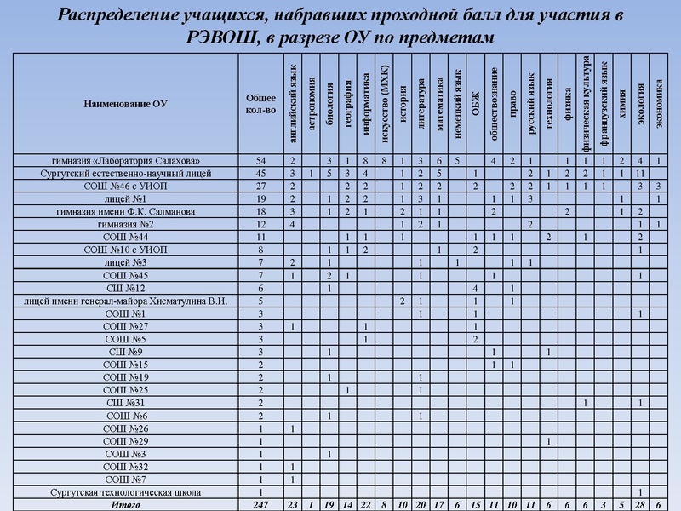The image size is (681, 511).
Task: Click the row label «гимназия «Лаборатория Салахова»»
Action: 126,160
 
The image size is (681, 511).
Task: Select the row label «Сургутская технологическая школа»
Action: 126,492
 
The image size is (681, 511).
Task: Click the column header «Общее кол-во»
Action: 260,103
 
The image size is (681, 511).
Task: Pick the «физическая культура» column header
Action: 586,98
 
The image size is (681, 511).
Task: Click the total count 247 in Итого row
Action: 260,504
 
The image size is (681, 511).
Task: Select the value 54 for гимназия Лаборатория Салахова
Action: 260,160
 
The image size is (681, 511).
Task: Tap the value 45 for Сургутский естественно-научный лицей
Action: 260,173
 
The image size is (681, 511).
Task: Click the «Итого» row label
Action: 126,504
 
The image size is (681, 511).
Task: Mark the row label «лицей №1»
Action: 126,198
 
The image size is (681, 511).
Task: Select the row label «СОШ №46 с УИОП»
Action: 126,186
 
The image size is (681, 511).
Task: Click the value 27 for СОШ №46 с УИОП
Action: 260,186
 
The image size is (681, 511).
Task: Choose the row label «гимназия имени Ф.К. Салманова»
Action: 126,211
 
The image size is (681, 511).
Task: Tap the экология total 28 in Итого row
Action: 641,504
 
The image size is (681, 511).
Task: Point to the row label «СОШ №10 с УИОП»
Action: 126,250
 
